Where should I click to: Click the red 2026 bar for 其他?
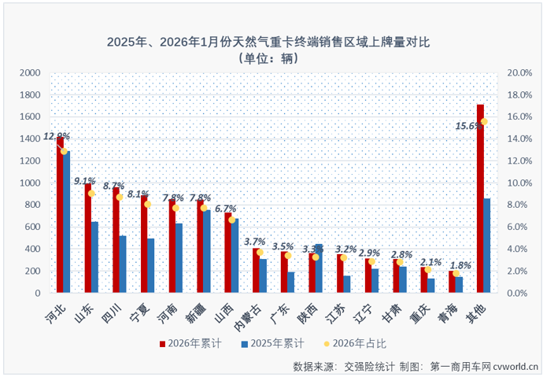pos(480,198)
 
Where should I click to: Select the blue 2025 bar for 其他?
pos(487,246)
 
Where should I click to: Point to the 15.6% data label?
pos(469,125)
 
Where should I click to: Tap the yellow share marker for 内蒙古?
pos(260,252)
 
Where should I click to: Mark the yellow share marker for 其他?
pos(484,121)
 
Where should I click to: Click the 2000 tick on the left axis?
pos(29,72)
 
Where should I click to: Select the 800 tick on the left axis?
pos(31,205)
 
